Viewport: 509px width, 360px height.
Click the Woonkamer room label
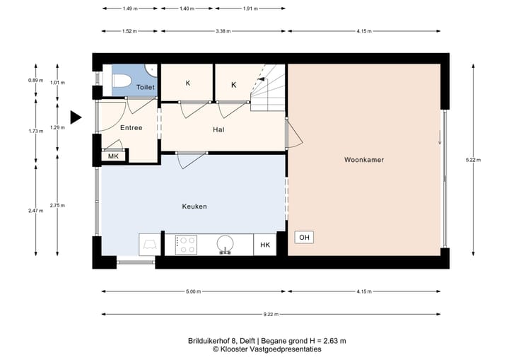pyautogui.click(x=363, y=161)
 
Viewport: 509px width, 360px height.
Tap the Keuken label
pyautogui.click(x=194, y=207)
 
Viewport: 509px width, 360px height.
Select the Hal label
pyautogui.click(x=218, y=130)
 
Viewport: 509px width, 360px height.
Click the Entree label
pyautogui.click(x=131, y=128)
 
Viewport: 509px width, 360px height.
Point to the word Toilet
pyautogui.click(x=146, y=87)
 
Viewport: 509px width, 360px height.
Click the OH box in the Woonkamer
pyautogui.click(x=304, y=237)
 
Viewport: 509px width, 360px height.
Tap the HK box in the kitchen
pyautogui.click(x=265, y=245)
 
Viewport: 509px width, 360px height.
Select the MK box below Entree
pyautogui.click(x=113, y=156)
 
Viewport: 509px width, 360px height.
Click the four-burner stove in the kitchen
pyautogui.click(x=187, y=245)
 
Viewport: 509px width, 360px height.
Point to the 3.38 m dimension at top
pyautogui.click(x=223, y=31)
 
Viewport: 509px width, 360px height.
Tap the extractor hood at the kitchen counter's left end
pyautogui.click(x=151, y=245)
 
